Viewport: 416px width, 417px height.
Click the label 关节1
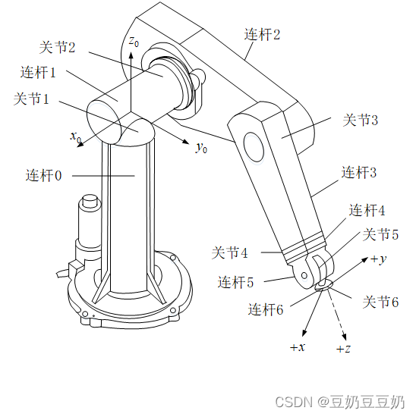click(31, 99)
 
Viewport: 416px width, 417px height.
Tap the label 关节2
click(57, 47)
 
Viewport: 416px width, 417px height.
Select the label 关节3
click(361, 120)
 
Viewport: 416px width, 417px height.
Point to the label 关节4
click(229, 252)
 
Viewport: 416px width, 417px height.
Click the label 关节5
click(380, 234)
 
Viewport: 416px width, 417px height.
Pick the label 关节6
click(380, 302)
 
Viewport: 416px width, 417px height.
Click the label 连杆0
click(44, 176)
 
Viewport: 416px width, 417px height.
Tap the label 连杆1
click(38, 72)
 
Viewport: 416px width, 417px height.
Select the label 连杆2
click(263, 35)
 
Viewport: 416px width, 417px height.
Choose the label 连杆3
click(359, 172)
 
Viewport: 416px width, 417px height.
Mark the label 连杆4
click(367, 210)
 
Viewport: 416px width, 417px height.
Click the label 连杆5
click(235, 282)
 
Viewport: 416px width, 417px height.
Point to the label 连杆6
click(266, 309)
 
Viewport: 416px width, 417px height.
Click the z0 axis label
click(134, 42)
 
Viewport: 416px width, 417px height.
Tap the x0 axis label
click(76, 136)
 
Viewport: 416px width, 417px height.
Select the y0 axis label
click(201, 148)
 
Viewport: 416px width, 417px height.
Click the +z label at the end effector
click(343, 349)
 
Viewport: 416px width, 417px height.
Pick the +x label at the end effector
click(298, 347)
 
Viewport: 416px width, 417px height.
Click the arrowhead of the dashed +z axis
click(345, 337)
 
